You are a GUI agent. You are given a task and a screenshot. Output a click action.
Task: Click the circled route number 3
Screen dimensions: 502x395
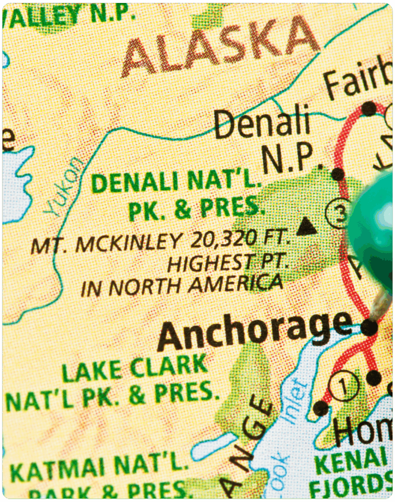click(x=338, y=214)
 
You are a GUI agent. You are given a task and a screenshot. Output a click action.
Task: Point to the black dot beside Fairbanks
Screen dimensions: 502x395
click(x=368, y=108)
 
